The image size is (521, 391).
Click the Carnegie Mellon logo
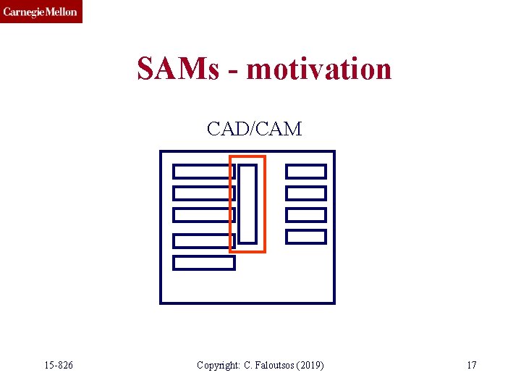coord(41,12)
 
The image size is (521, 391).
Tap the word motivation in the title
coord(319,70)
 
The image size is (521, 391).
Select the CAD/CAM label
coord(254,129)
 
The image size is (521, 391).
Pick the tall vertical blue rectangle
coord(247,203)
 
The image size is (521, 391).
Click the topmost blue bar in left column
coord(203,172)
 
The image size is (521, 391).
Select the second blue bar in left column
coord(203,193)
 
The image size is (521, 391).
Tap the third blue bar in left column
coord(203,215)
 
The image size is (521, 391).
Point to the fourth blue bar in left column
coord(203,241)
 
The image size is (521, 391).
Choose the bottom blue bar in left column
coord(204,263)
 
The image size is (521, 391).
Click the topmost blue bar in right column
coord(306,172)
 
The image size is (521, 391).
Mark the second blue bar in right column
coord(306,193)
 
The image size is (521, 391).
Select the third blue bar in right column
coord(306,215)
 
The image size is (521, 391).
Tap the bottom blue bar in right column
coord(306,237)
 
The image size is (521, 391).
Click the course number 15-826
coord(58,365)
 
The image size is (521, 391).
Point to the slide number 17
coord(471,365)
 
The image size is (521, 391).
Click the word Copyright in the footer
coord(218,365)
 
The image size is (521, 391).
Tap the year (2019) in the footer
coord(310,365)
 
